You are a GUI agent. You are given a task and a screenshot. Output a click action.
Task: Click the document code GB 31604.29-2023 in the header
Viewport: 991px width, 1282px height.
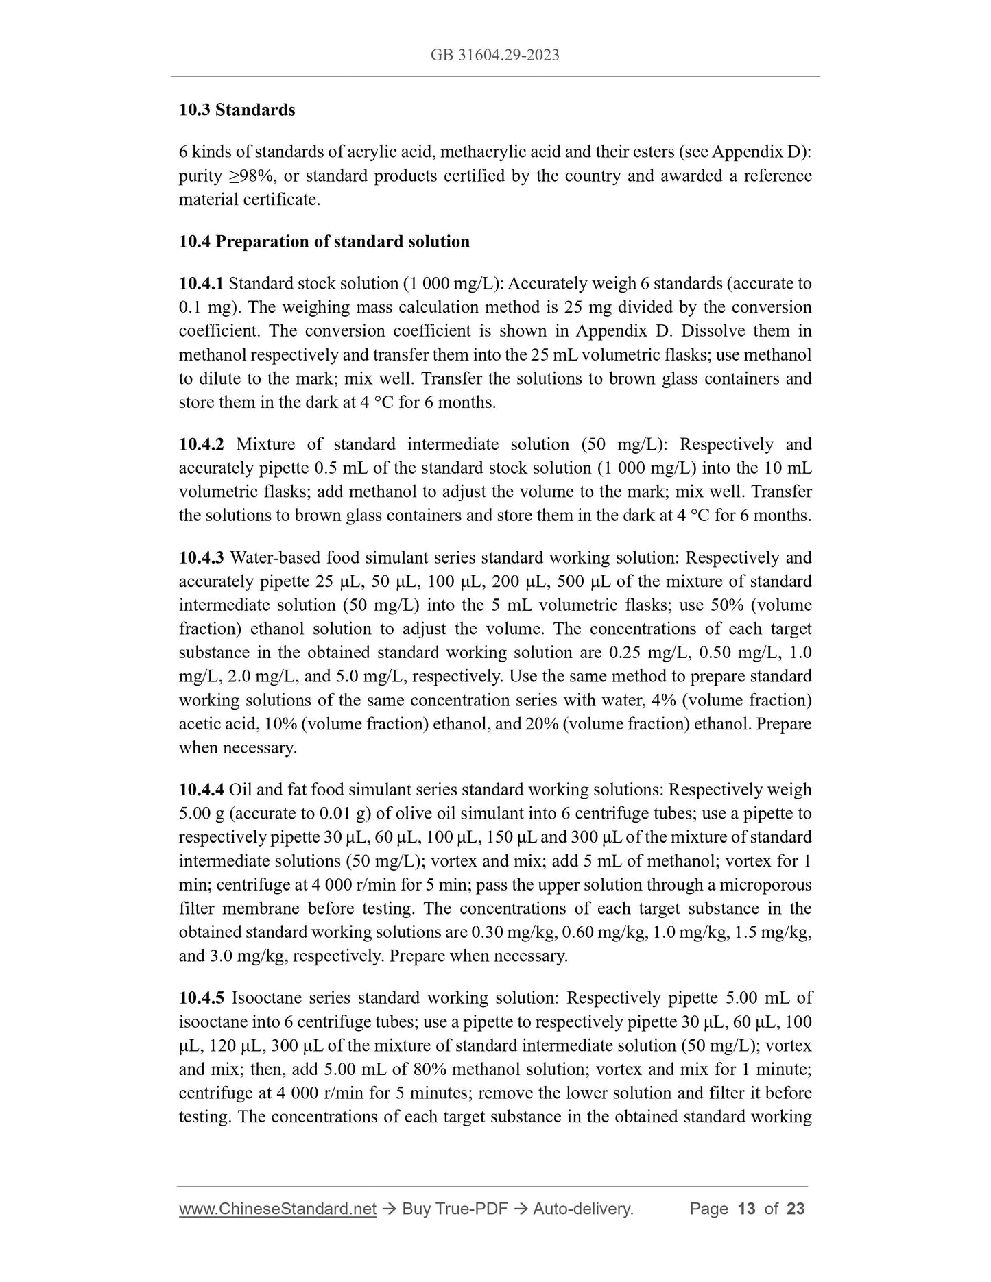click(494, 56)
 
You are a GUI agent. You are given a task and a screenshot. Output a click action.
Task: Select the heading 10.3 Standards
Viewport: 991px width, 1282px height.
click(237, 110)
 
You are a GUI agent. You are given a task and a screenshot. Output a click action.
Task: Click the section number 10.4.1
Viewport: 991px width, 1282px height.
click(201, 283)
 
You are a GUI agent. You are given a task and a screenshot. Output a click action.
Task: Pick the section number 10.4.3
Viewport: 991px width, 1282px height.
click(201, 557)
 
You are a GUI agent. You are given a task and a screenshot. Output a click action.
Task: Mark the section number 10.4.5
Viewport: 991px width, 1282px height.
click(201, 997)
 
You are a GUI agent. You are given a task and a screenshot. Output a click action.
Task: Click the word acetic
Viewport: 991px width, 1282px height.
click(200, 724)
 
